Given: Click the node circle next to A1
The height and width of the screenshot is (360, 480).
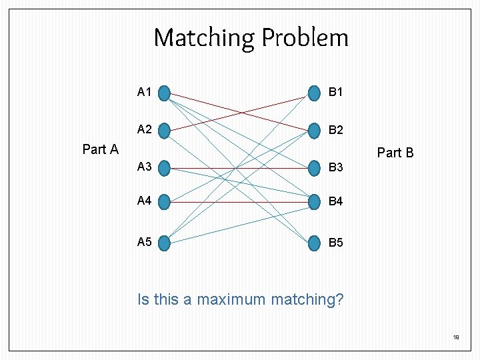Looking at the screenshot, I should (x=165, y=92).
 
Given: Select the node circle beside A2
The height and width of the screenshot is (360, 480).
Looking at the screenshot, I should (x=165, y=129).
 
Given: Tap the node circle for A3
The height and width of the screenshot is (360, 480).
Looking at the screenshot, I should (x=165, y=167).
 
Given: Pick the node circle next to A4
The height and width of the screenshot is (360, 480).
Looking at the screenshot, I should (x=165, y=201).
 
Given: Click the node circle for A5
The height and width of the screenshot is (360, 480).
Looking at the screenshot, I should (x=165, y=243).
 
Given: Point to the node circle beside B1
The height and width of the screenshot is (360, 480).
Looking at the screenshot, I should (x=314, y=92).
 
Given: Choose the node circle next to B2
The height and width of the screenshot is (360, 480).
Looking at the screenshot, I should (x=314, y=129).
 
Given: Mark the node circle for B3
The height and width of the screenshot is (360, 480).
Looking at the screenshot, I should (x=314, y=167).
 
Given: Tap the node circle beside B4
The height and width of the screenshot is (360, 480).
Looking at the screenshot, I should (x=314, y=201).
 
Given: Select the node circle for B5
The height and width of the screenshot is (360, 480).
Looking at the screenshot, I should (x=314, y=243).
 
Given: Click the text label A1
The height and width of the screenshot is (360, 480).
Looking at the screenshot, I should (x=144, y=92).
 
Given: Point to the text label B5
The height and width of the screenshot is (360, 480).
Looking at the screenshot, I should (x=336, y=243).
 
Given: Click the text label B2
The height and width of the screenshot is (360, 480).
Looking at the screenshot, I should (x=336, y=130).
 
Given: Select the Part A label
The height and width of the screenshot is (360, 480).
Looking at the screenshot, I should (x=100, y=149).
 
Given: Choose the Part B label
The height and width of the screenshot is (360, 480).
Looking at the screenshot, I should (x=395, y=153).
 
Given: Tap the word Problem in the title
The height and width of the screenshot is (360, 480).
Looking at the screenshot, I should (x=305, y=38).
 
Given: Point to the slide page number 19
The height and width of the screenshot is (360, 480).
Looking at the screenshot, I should (x=456, y=338).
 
